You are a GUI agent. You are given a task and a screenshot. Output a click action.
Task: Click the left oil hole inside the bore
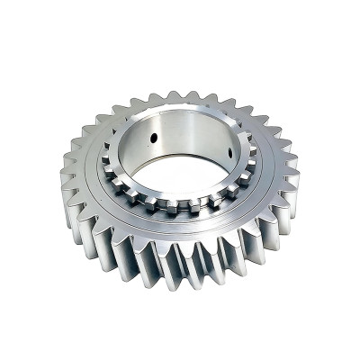tap(155, 137)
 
